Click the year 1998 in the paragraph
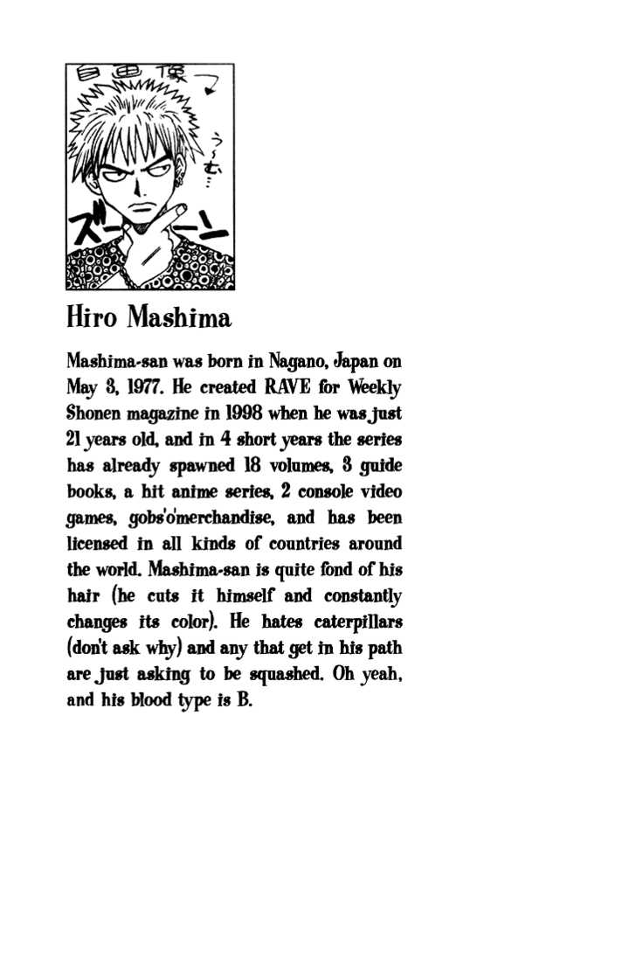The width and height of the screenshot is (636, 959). tap(238, 413)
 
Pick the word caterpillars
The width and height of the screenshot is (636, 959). tap(353, 622)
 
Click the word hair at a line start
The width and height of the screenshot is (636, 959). tap(83, 596)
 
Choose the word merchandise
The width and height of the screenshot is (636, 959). tap(225, 518)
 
